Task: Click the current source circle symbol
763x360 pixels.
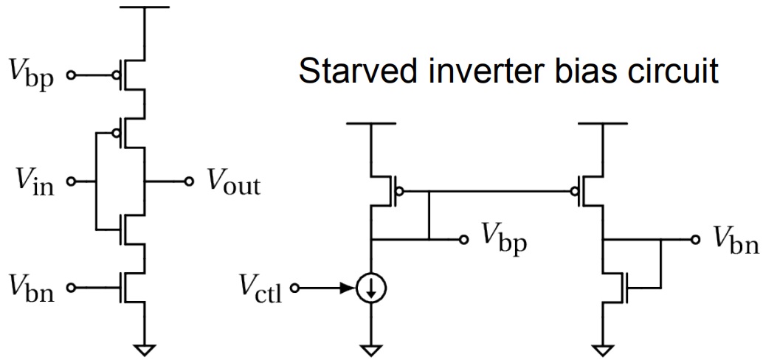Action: [x=370, y=288]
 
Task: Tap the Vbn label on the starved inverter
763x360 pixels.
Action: [x=31, y=288]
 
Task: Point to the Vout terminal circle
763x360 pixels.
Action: [x=189, y=181]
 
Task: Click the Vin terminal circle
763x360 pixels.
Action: [x=71, y=181]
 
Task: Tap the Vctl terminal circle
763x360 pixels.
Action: [x=294, y=288]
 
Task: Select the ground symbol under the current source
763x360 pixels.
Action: [x=370, y=350]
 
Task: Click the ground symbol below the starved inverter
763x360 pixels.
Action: [x=145, y=350]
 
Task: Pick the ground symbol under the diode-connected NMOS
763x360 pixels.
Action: [x=603, y=350]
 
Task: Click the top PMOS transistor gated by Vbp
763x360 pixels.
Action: [x=132, y=75]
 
